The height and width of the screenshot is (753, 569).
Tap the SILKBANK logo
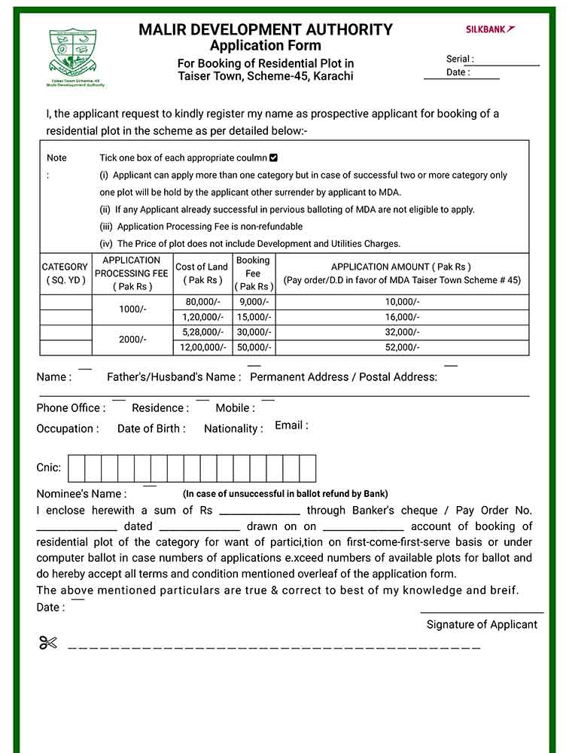point(490,29)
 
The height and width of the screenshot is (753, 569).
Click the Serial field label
point(459,59)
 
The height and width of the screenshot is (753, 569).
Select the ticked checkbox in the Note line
point(273,158)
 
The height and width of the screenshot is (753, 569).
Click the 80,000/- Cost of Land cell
point(203,302)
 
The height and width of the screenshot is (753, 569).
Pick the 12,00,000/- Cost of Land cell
point(203,347)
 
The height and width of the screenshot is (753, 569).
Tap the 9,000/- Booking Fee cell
point(254,302)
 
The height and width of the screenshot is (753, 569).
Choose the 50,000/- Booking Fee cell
point(254,347)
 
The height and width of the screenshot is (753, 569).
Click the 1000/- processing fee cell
point(132,309)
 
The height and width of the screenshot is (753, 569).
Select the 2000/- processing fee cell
point(132,340)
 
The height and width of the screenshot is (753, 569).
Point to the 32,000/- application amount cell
point(402,332)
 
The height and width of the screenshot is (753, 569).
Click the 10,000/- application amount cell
point(402,302)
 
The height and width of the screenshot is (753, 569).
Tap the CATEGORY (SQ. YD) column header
point(65,273)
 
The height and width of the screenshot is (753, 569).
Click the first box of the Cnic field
point(76,468)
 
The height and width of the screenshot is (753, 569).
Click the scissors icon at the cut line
point(48,643)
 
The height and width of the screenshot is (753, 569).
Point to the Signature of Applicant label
point(482,624)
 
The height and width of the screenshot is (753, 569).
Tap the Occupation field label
point(67,428)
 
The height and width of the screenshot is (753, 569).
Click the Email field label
point(291,425)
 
